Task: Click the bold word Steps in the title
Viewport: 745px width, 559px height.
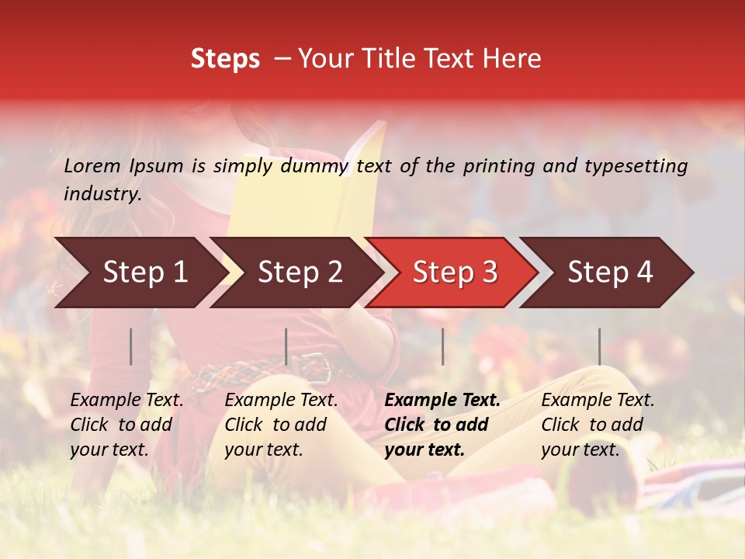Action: (225, 59)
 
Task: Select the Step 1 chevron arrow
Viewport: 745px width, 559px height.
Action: (140, 273)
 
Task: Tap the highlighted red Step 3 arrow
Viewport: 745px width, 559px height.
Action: (452, 273)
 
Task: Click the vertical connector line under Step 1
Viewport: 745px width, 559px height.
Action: (131, 346)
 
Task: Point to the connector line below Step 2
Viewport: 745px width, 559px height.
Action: (286, 346)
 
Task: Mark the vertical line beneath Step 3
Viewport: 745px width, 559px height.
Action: (442, 346)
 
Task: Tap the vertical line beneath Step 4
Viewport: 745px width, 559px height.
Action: (599, 346)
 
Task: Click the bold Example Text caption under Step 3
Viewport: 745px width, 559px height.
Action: (442, 425)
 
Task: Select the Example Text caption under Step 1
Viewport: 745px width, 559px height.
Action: (126, 425)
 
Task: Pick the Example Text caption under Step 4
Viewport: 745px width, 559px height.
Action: (598, 425)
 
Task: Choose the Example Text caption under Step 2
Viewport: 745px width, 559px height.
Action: (281, 425)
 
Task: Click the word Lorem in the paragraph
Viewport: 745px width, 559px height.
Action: (92, 165)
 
